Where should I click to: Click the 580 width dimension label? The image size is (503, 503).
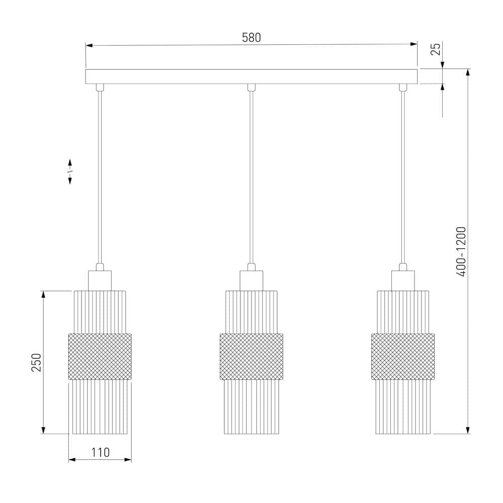pos(251,38)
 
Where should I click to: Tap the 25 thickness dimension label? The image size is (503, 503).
pos(435,49)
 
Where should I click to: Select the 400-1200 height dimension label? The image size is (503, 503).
pos(461,251)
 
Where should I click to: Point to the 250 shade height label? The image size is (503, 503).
pos(36,362)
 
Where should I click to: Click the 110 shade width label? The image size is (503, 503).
pos(101,452)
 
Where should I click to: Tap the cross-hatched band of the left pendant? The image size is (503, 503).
pos(100,357)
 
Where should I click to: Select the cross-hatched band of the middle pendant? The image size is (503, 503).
pos(251,357)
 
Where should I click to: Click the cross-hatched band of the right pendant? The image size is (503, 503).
pos(403,357)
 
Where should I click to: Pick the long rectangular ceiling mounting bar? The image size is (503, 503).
pos(251,76)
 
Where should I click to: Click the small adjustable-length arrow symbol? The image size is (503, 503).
pos(70,172)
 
